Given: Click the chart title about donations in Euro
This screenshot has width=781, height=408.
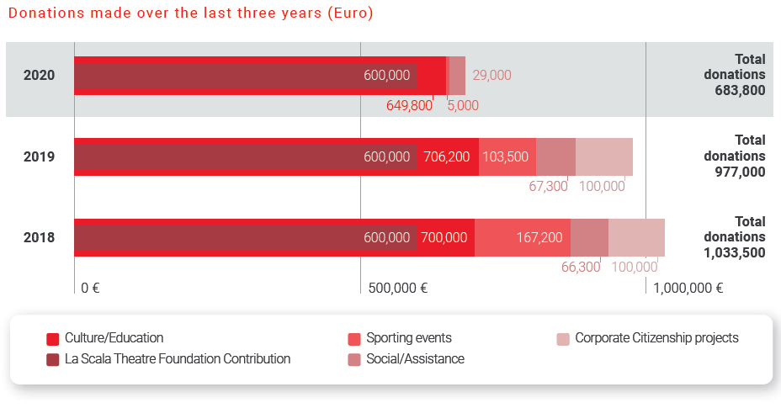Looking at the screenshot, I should click(x=190, y=14).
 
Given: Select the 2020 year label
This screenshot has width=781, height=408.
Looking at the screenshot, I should click(x=40, y=76).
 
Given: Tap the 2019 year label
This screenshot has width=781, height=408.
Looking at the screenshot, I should click(x=40, y=156).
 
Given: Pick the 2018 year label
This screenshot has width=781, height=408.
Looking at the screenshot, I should click(x=40, y=238).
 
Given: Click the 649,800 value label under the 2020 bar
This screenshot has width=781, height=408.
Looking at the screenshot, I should click(x=409, y=105).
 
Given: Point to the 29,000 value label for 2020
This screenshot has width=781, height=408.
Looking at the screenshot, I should click(x=491, y=76).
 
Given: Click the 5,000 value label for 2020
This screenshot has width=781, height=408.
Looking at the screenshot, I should click(x=463, y=105).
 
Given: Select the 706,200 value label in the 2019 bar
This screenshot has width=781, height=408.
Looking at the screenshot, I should click(x=447, y=156).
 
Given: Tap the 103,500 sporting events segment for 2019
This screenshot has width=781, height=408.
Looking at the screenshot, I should click(x=506, y=156).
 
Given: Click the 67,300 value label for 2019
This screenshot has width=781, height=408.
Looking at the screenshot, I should click(x=548, y=186).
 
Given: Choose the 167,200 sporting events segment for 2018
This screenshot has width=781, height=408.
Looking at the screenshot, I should click(x=539, y=238).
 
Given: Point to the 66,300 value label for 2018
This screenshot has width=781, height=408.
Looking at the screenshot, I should click(x=581, y=267).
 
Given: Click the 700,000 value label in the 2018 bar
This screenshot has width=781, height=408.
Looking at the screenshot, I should click(x=444, y=238).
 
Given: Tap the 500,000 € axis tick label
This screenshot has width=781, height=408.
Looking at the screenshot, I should click(x=398, y=288).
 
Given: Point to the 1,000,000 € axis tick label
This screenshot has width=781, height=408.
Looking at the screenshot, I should click(x=688, y=288).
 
